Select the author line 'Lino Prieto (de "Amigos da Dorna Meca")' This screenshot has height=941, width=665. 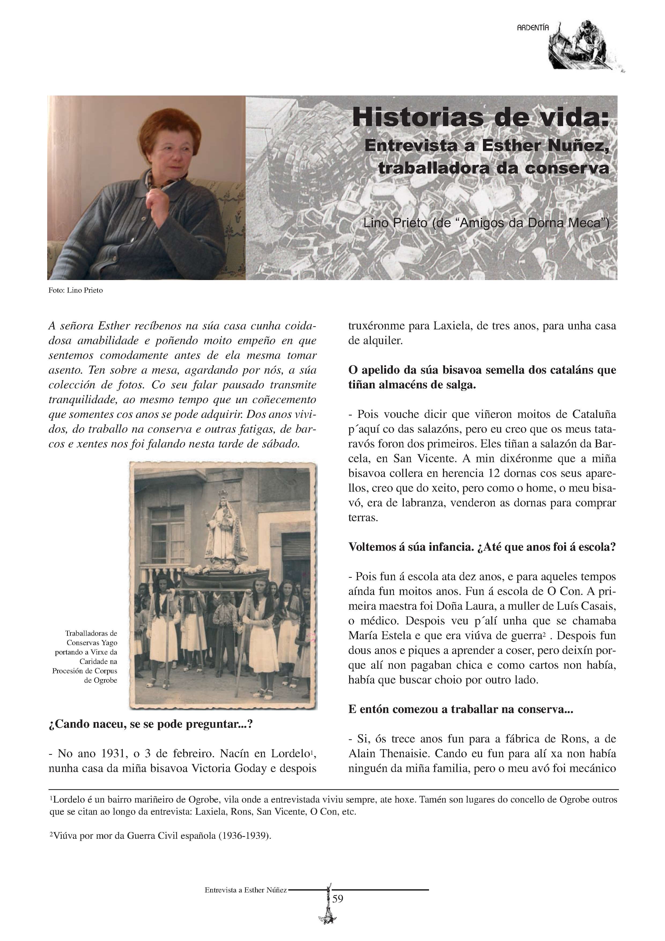tap(486, 223)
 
